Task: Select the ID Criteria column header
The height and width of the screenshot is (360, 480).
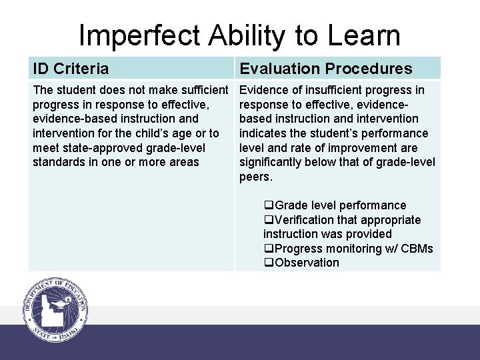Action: [71, 68]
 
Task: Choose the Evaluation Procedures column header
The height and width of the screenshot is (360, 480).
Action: [326, 68]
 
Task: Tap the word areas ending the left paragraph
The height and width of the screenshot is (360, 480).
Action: [183, 162]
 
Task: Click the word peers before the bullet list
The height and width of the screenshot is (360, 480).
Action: [255, 177]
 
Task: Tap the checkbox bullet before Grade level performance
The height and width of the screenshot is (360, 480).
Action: [269, 205]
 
